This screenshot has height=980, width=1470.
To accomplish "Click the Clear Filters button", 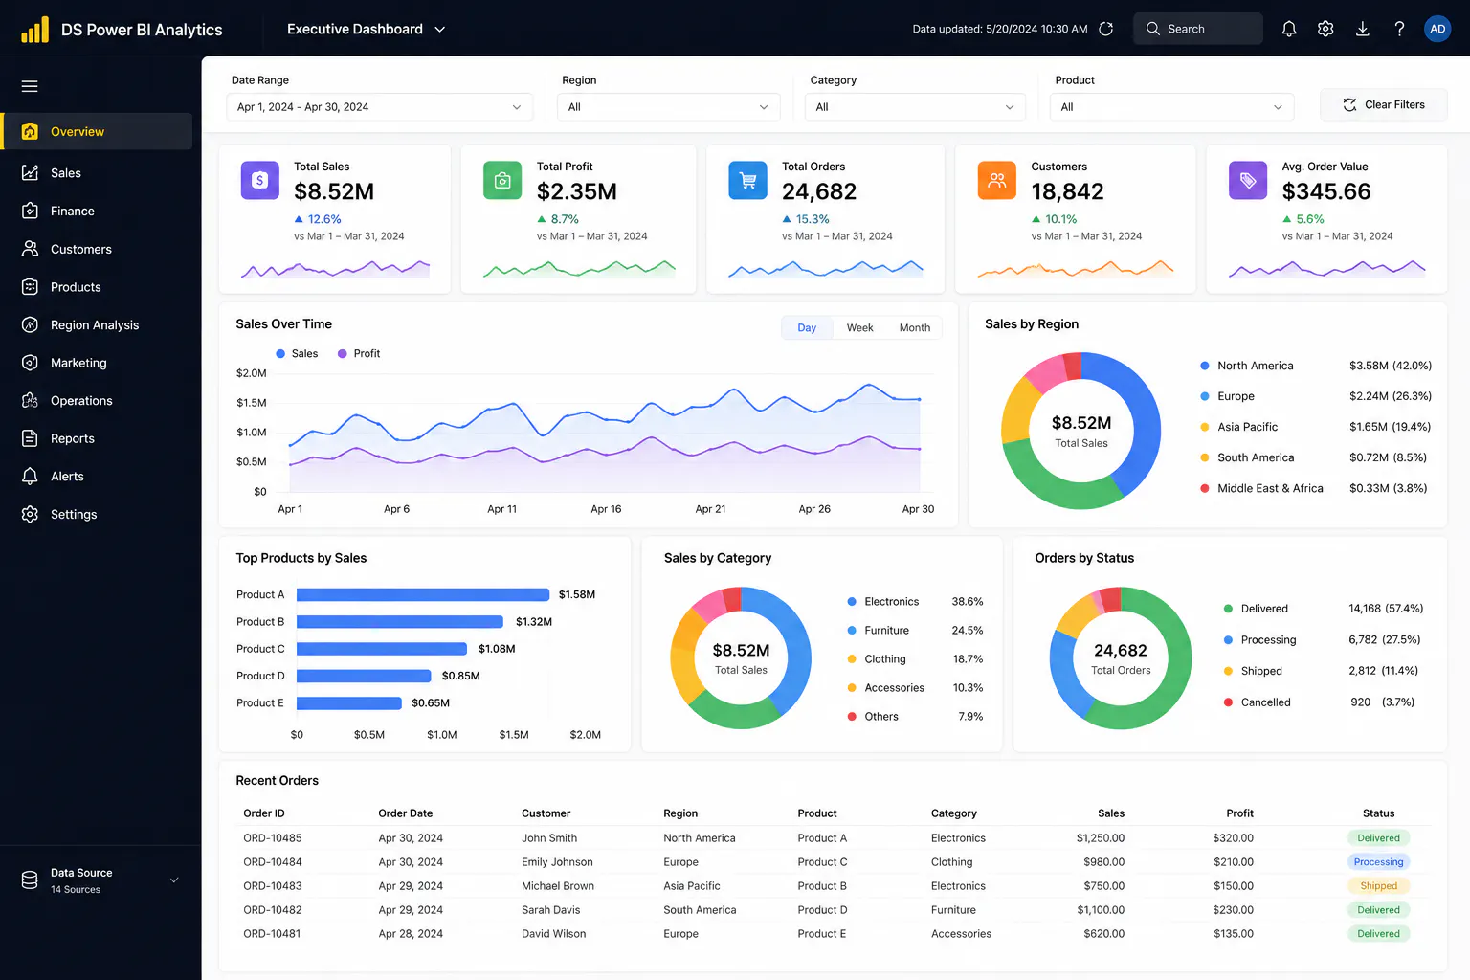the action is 1383,105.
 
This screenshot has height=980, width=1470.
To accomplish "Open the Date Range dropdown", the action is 379,107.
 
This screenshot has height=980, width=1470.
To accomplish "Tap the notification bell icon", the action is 1289,29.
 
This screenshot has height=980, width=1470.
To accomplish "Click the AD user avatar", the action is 1437,29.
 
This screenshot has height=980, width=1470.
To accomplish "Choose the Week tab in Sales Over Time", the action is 859,327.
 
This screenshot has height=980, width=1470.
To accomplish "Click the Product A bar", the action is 423,594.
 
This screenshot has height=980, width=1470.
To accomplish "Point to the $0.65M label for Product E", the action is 431,703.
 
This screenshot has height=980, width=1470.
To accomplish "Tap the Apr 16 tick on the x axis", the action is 606,509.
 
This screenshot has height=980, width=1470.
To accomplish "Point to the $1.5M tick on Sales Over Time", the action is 252,402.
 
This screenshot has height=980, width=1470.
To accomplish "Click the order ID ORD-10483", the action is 273,885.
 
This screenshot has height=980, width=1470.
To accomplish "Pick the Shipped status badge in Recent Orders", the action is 1378,885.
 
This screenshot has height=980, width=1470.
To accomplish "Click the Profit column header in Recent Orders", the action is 1239,813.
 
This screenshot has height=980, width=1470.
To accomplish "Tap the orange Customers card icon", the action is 997,180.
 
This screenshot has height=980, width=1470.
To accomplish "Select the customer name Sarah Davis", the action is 550,910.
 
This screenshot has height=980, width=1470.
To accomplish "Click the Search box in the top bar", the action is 1197,29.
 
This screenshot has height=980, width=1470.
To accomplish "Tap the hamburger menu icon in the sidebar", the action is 30,86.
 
